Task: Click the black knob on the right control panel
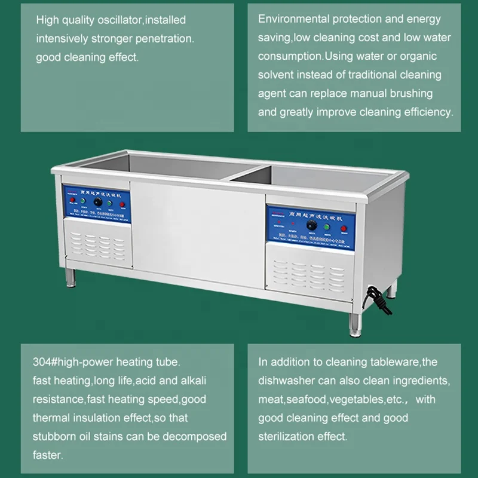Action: (x=311, y=225)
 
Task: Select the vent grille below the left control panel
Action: (x=97, y=244)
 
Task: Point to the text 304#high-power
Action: (x=71, y=363)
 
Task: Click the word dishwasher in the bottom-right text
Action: (x=290, y=381)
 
